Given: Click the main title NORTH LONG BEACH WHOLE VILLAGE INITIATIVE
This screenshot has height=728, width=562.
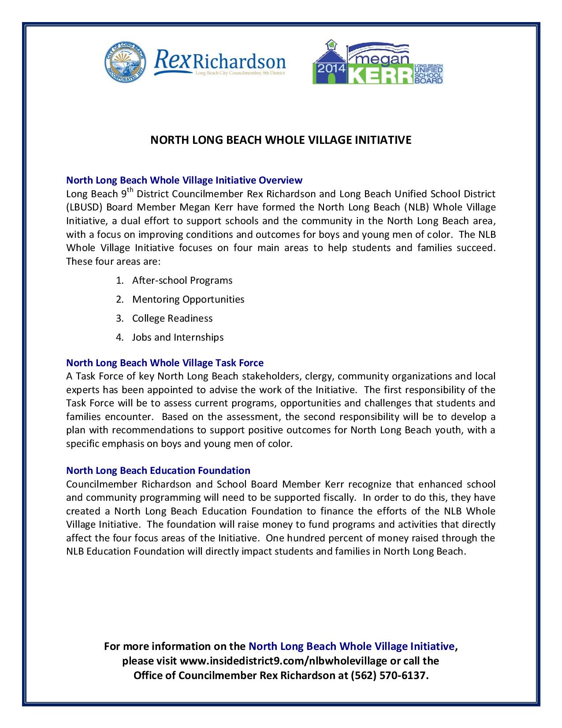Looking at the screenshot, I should (281, 140).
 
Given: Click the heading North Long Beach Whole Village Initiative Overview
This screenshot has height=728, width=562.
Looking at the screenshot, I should (184, 180).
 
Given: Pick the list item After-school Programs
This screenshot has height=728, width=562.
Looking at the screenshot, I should (182, 281).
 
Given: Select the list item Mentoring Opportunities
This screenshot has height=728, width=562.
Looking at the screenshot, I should (188, 300).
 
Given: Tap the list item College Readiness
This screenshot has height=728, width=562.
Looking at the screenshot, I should (172, 319).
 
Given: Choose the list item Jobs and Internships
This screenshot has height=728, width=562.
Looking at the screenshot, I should (178, 338).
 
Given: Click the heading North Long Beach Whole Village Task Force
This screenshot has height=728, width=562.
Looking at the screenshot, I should (164, 363).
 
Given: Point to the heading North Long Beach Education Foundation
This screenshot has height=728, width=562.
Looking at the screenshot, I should (158, 470).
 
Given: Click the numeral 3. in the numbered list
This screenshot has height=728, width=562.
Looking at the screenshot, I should (119, 319).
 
